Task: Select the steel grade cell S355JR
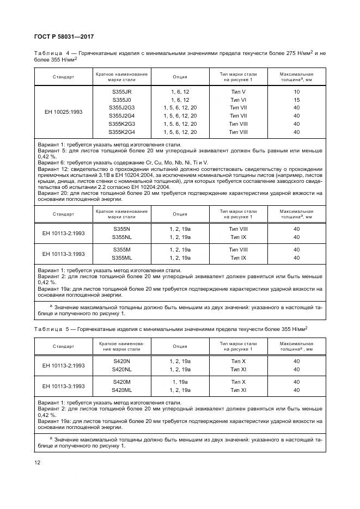click(x=121, y=91)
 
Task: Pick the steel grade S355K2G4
click(x=121, y=132)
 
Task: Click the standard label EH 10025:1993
click(x=63, y=112)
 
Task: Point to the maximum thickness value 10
click(x=296, y=91)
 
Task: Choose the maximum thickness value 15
click(x=296, y=100)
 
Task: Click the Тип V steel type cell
click(x=239, y=91)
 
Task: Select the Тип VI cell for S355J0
click(x=239, y=100)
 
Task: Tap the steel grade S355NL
click(x=121, y=237)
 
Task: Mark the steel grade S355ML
click(x=121, y=257)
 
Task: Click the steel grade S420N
click(x=121, y=361)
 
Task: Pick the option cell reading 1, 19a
click(x=180, y=382)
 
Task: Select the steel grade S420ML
click(x=121, y=390)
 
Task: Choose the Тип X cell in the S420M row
click(x=239, y=382)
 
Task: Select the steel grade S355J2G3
click(x=121, y=108)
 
